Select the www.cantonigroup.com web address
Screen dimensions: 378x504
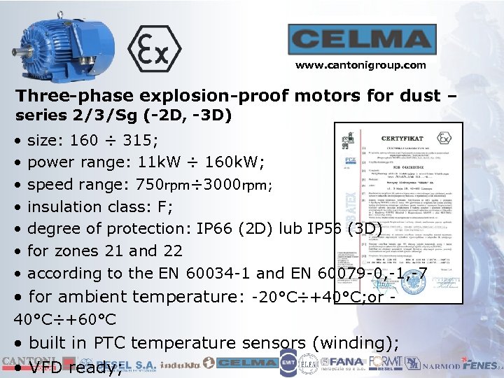tap(360, 65)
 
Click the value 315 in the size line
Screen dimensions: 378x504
tap(138, 140)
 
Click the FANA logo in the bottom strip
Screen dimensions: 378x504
tap(348, 363)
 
